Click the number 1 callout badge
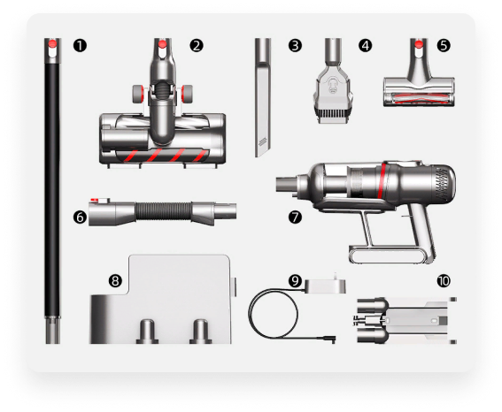[x=80, y=45]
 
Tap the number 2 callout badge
[x=197, y=45]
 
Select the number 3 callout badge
[x=295, y=45]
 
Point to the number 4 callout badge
[x=366, y=45]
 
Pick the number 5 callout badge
[x=444, y=45]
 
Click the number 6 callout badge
[x=80, y=217]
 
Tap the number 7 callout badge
[x=295, y=217]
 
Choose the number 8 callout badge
[x=115, y=281]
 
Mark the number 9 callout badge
[x=295, y=281]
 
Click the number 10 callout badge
[x=444, y=281]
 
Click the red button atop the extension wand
[x=53, y=44]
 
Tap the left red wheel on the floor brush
[x=138, y=94]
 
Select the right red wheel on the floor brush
[x=187, y=94]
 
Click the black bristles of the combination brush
[x=332, y=113]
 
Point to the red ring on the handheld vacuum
[x=382, y=180]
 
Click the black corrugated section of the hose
[x=163, y=211]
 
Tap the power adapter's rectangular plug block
[x=325, y=286]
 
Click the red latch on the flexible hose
[x=96, y=201]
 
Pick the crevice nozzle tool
[x=263, y=97]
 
